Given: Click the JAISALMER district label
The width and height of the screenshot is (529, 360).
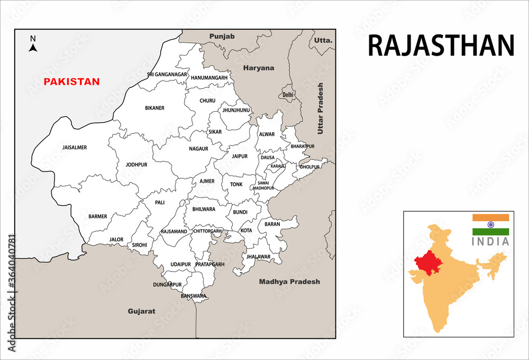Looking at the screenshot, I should [x=75, y=148].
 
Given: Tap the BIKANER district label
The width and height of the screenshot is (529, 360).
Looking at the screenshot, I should [x=154, y=108].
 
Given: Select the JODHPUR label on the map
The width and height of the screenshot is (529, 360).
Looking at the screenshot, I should [x=136, y=165].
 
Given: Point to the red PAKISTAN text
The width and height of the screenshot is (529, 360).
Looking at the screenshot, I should [x=71, y=82].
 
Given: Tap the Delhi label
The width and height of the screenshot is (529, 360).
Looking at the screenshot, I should [x=288, y=95].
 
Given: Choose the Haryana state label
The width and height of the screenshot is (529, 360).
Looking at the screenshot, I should [x=259, y=68].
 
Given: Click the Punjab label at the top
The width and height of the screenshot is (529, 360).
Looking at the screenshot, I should [x=222, y=36].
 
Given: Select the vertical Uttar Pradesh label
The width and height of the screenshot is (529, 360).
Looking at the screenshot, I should [x=320, y=108].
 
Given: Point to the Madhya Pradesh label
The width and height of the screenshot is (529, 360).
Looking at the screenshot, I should [x=289, y=282].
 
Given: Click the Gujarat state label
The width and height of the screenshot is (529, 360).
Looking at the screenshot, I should [x=141, y=311].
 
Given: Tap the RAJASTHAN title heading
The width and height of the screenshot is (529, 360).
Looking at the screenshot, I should [x=441, y=46].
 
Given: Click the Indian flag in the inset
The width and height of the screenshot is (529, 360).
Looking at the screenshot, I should [x=490, y=224].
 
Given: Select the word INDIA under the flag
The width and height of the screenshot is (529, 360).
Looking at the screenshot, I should [x=490, y=242].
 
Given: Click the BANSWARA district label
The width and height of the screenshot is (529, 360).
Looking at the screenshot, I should [x=193, y=296].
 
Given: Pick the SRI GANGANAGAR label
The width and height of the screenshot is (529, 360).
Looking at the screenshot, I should [x=167, y=75].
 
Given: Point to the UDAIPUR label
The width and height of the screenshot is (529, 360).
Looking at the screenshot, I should [x=180, y=264].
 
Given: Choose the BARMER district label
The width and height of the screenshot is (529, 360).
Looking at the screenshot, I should [x=98, y=216].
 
